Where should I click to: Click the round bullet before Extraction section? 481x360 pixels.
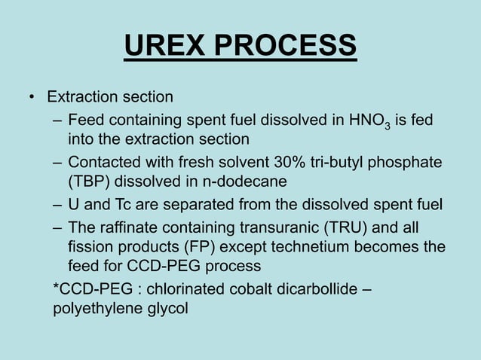click(x=32, y=97)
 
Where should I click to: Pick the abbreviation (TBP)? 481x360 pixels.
click(x=87, y=182)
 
